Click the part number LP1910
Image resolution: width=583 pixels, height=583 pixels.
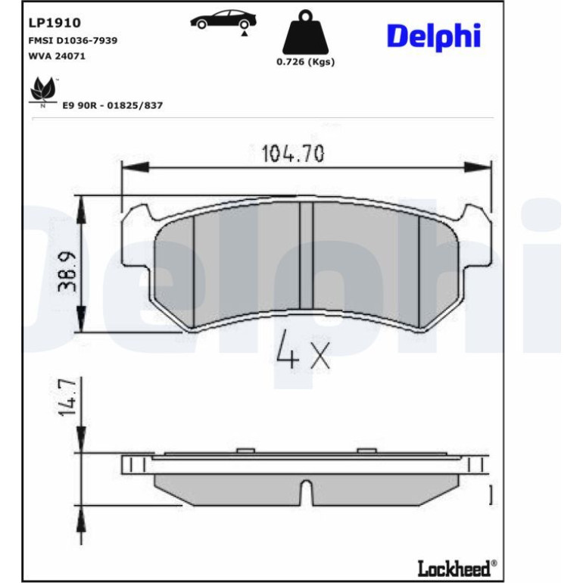(x=55, y=23)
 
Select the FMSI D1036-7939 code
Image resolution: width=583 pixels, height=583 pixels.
(x=73, y=40)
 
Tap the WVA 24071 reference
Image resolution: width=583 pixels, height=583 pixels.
(x=57, y=56)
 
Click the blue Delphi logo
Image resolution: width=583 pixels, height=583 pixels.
(x=434, y=37)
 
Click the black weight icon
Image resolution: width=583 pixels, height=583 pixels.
(x=305, y=33)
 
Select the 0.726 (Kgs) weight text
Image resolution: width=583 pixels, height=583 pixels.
(x=306, y=62)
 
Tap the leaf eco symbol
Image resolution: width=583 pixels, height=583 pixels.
(x=43, y=90)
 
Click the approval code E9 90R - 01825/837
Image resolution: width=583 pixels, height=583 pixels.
(x=113, y=105)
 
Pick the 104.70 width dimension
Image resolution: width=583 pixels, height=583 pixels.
(x=293, y=153)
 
